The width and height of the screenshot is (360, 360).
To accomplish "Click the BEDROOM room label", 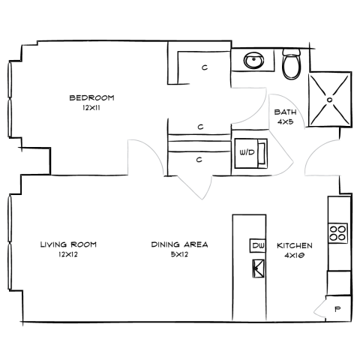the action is tap(91, 97).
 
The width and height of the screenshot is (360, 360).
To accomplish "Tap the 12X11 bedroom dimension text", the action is tap(91, 108).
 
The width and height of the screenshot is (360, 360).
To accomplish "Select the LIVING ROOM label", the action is tap(68, 244).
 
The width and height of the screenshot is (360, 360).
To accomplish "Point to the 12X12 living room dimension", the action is tap(68, 254).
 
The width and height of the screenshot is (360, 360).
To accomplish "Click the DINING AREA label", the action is tap(179, 244).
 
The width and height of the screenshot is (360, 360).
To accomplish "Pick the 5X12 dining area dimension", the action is tap(179, 254).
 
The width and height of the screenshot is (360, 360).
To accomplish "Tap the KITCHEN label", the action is tap(295, 245).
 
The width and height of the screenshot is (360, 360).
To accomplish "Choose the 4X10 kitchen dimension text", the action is tap(295, 256).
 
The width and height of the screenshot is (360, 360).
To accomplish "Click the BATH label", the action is tap(286, 112).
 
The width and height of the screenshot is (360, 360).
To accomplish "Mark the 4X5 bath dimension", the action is tap(285, 121).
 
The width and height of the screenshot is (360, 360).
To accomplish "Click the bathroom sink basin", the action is tap(253, 60).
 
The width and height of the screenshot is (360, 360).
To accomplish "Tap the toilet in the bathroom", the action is tap(292, 64).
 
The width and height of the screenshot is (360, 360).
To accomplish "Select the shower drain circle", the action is tap(330, 100).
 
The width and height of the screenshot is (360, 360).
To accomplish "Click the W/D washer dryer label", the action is tap(247, 152).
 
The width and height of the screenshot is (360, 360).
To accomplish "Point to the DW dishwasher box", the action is tap(258, 245).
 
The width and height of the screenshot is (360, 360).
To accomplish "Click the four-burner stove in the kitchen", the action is tap(337, 233).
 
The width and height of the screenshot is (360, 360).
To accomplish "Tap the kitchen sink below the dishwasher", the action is tap(258, 268).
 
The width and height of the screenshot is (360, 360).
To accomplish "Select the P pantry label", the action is tap(337, 309).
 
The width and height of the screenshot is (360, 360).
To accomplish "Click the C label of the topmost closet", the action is tap(205, 67).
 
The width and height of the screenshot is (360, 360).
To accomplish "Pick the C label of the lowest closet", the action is tap(199, 160).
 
